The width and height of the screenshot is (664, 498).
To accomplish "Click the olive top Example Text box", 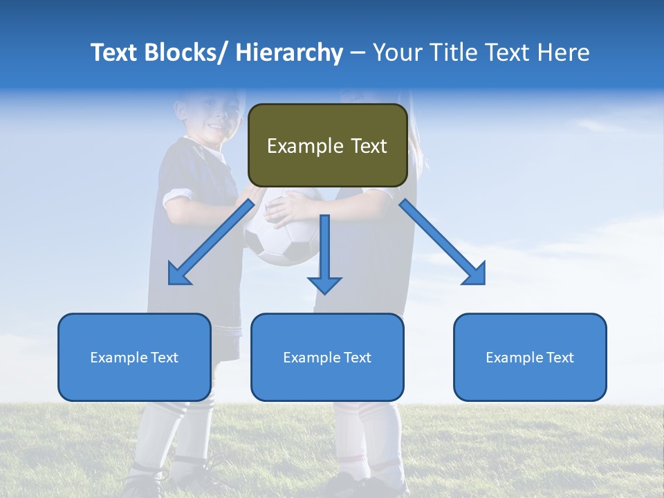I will pos(327,145).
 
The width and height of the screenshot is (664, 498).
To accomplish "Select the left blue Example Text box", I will pos(134,357).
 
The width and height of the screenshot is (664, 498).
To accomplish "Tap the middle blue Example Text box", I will pos(327,357).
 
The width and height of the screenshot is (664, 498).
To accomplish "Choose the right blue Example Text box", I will pos(530,357).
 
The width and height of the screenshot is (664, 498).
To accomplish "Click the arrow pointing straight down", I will pos(324,252).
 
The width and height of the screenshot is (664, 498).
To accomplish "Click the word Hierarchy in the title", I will pos(289,53).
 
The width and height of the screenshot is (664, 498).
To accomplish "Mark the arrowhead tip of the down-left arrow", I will pos(171,282).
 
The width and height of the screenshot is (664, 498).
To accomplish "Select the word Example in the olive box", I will pos(305,146).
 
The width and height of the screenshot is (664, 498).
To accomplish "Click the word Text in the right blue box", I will pos(560,357).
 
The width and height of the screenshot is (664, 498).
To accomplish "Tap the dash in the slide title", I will pos(358,54).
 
